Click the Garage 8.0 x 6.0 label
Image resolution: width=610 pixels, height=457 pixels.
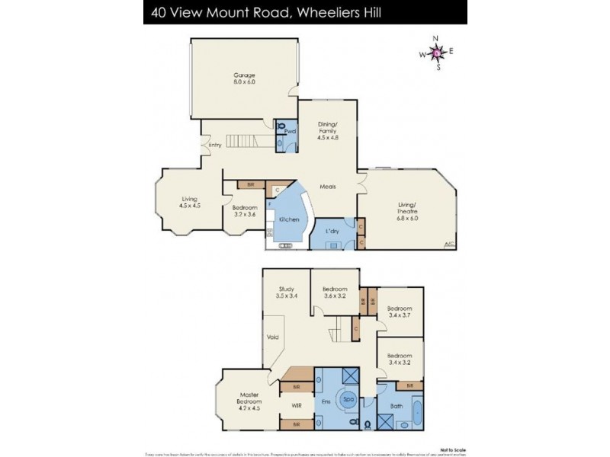pos(244,78)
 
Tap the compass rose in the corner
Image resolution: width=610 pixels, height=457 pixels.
pos(436,53)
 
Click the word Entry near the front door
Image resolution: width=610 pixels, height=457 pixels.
pos(215,145)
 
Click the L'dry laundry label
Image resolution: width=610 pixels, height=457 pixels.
pos(332,230)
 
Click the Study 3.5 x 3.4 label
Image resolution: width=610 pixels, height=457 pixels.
pos(286,292)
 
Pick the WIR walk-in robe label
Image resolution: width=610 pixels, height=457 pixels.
pos(296,406)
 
